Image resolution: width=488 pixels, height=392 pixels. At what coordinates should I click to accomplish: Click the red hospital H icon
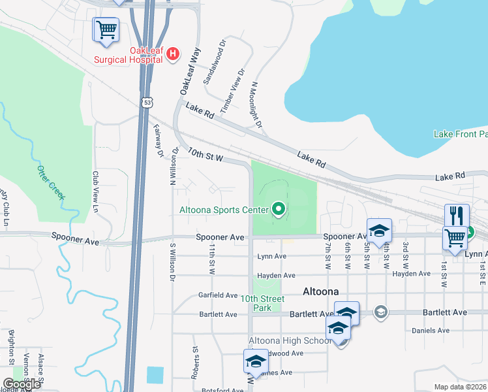[173, 54]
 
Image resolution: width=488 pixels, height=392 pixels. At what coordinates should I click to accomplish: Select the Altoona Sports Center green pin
[279, 210]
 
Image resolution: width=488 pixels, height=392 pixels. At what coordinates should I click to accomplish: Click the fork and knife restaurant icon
[457, 215]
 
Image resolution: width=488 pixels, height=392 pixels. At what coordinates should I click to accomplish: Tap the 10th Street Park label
[262, 303]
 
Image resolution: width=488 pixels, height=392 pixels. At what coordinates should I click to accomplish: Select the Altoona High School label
[290, 340]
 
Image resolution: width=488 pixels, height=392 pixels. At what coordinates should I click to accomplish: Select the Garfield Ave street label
[218, 295]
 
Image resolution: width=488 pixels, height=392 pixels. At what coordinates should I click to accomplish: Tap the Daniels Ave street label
[431, 331]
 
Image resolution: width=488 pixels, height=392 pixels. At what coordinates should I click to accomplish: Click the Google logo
[21, 384]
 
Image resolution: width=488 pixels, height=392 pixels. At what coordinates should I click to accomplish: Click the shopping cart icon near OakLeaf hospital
[106, 29]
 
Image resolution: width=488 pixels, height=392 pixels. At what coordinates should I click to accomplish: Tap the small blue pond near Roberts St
[155, 375]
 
